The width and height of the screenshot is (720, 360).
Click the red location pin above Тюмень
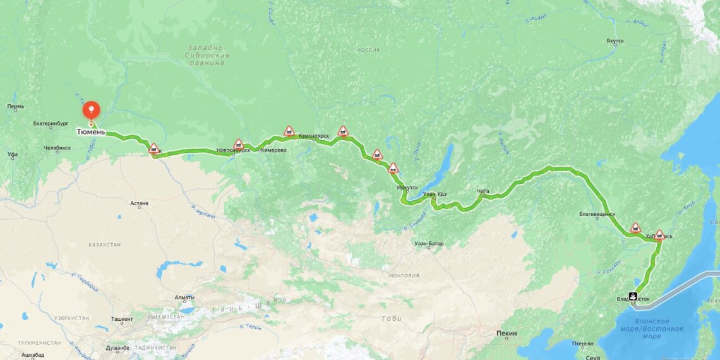tap(92, 110)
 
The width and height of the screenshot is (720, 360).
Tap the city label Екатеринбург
tap(51, 124)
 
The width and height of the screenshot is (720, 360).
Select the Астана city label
tap(139, 203)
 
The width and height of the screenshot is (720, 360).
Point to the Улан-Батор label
tap(429, 243)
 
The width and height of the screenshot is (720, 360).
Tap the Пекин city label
tap(507, 333)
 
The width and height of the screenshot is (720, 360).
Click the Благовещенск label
tap(597, 214)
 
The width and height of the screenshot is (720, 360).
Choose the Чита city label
tap(483, 191)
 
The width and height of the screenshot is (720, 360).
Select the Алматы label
tap(184, 297)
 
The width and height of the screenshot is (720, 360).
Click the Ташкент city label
tap(122, 320)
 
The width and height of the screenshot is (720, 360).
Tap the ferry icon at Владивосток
tap(633, 295)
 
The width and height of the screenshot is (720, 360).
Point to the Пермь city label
tap(16, 106)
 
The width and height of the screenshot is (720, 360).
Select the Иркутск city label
tap(407, 188)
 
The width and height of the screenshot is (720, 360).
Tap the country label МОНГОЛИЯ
tap(404, 275)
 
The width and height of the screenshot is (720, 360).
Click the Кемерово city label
tap(273, 150)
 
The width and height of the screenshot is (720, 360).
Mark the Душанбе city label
tap(117, 347)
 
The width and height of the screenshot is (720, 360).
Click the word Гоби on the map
tap(392, 318)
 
